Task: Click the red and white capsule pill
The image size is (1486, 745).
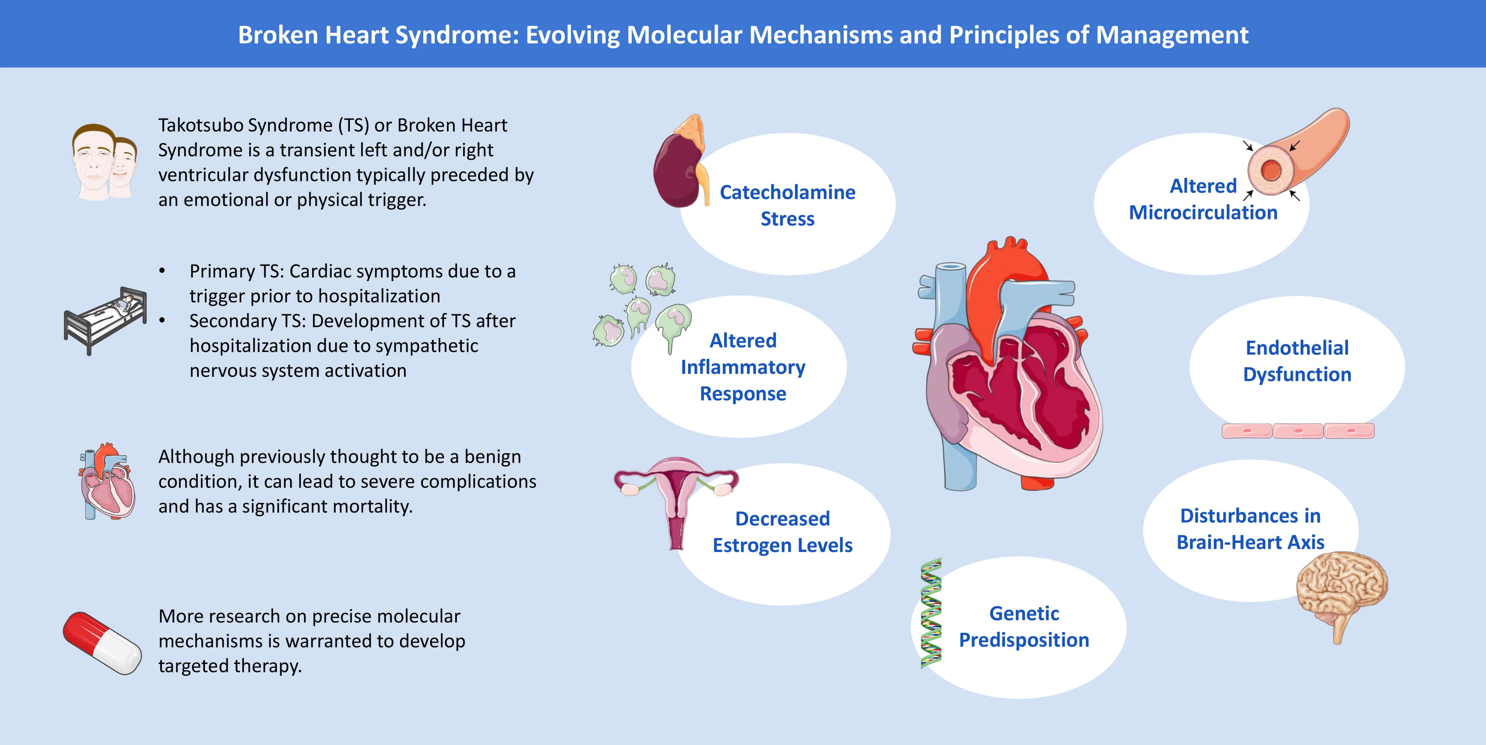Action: click(102, 643)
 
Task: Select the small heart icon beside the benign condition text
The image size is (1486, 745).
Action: click(107, 481)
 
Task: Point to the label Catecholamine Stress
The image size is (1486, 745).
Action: click(787, 205)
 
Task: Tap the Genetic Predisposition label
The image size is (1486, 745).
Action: click(1024, 627)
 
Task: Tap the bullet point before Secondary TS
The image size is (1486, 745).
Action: click(162, 320)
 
